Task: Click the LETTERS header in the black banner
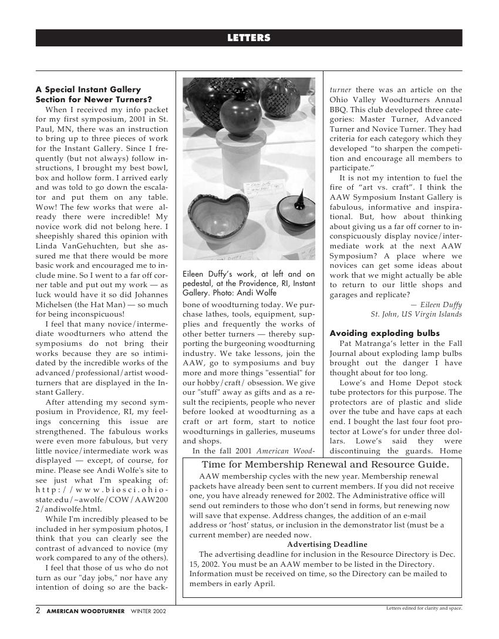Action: point(249,38)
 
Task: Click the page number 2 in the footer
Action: point(38,611)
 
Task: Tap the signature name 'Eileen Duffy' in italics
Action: point(440,304)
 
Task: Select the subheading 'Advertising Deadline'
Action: point(327,544)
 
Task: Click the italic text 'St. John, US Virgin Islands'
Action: point(416,314)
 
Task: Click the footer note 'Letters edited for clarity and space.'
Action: point(424,608)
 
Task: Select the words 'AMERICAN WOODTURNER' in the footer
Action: point(86,611)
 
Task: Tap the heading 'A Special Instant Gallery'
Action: point(89,90)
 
